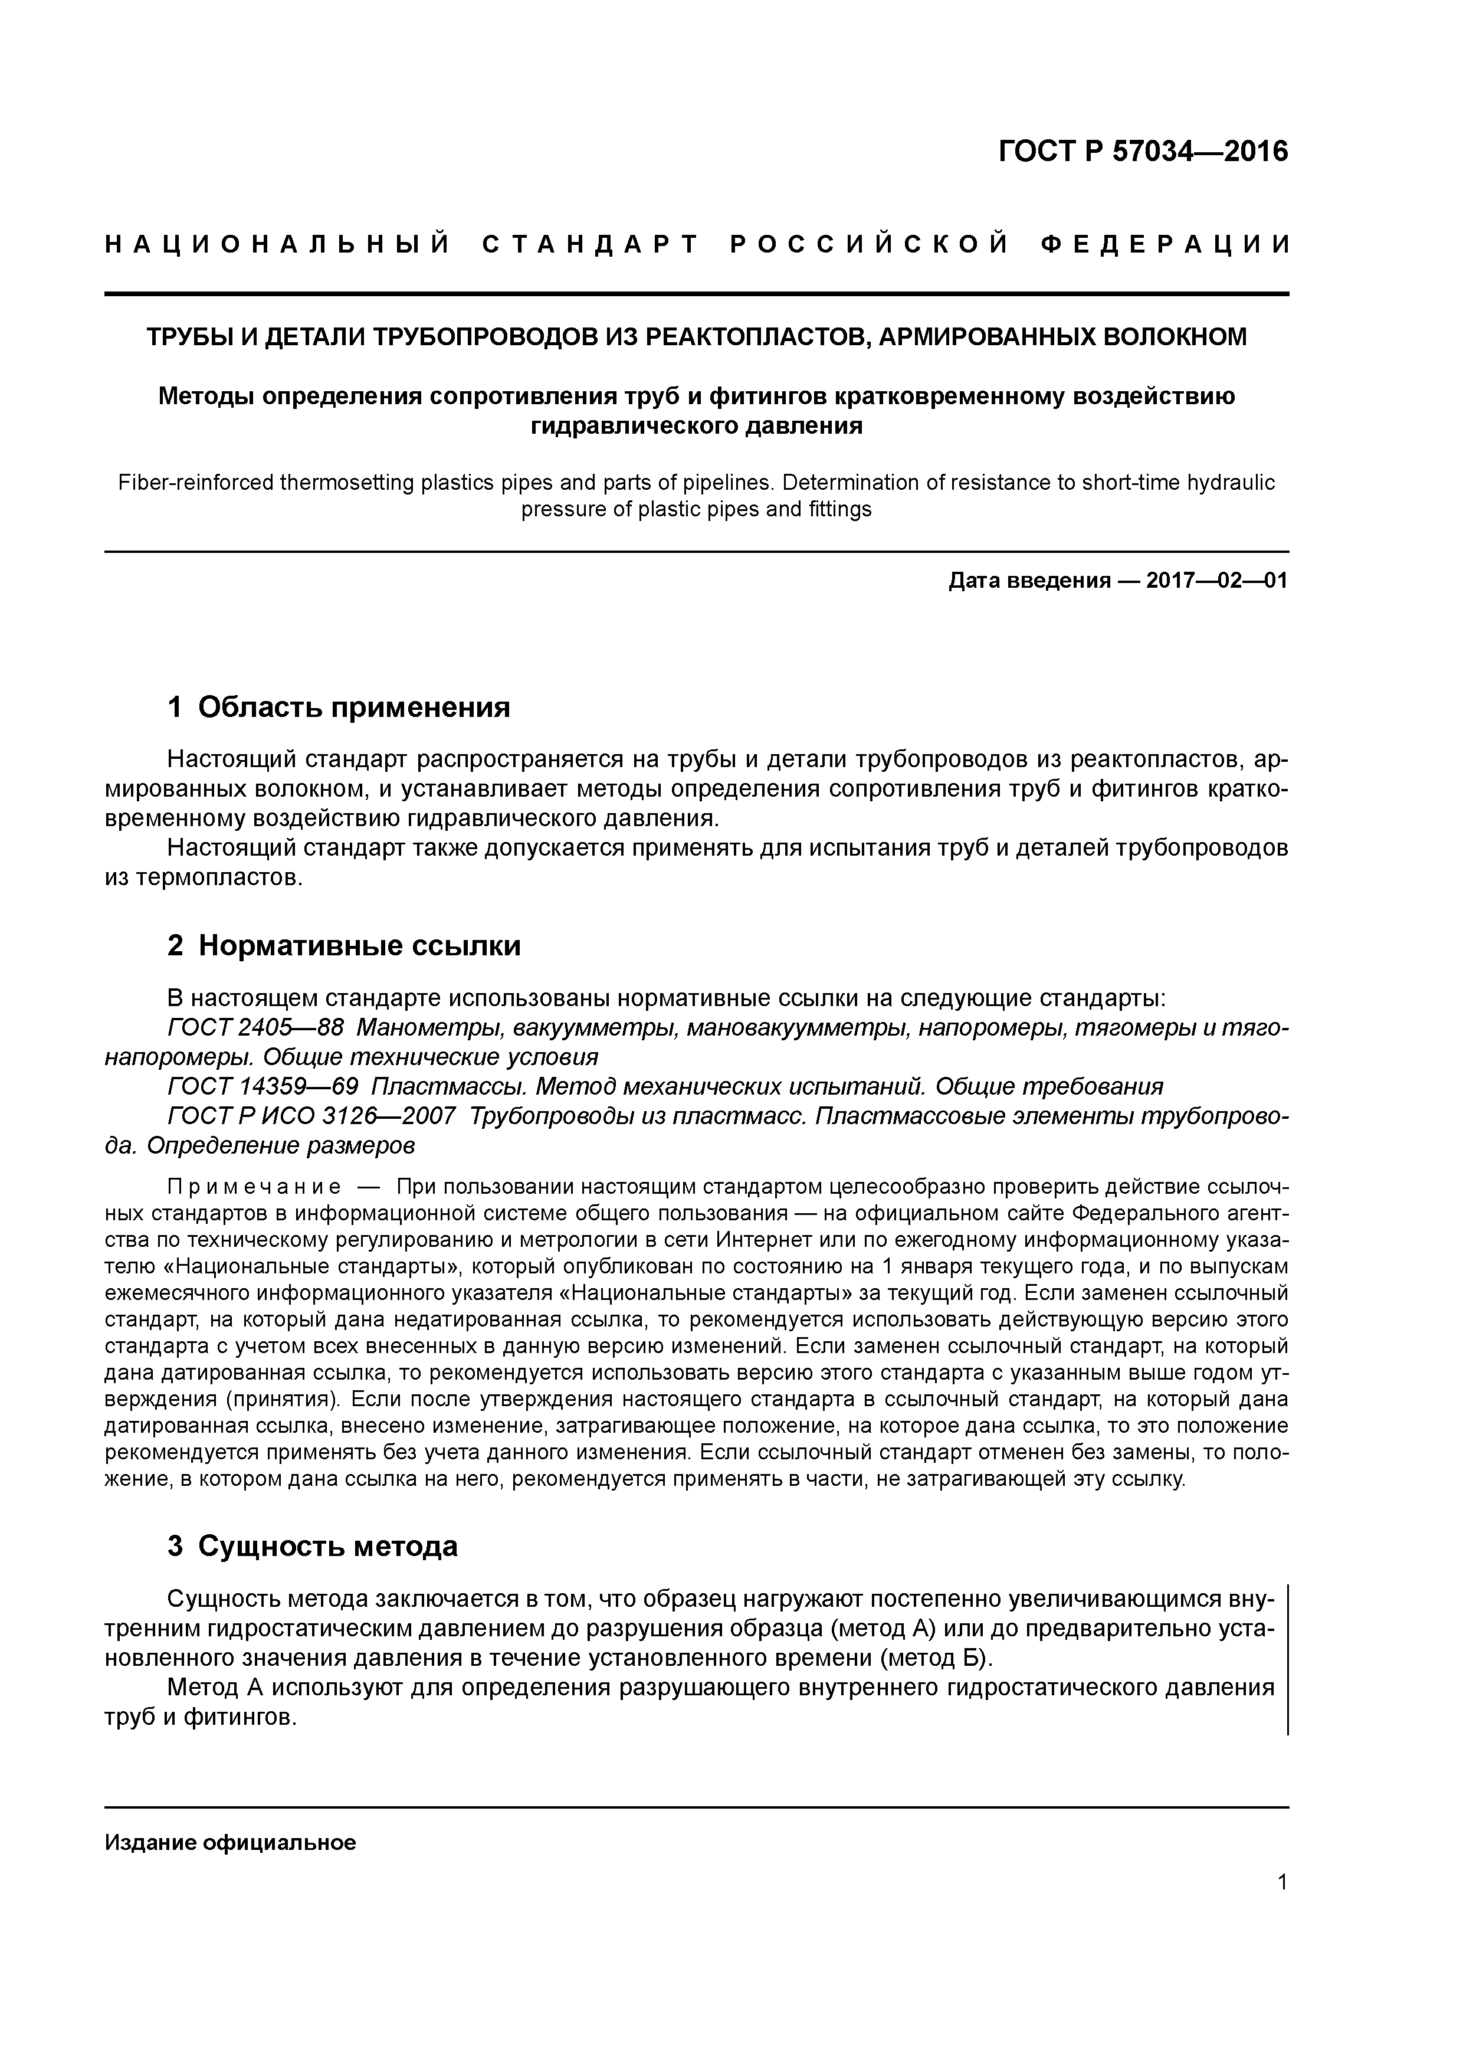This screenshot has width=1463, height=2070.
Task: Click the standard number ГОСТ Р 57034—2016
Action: coord(1143,152)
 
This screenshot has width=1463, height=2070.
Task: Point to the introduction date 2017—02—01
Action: coord(1217,581)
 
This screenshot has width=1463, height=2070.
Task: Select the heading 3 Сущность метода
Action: coord(312,1546)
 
